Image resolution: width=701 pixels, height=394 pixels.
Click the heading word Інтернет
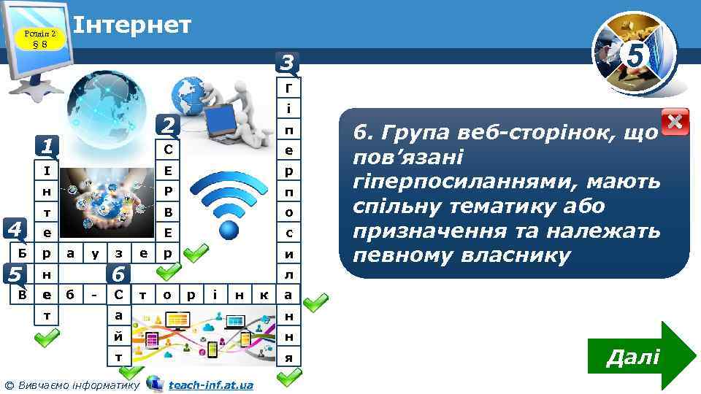(133, 25)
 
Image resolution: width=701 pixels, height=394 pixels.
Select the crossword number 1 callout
(47, 147)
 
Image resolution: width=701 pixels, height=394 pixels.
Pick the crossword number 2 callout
(169, 125)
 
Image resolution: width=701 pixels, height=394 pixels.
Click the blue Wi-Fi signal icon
(230, 211)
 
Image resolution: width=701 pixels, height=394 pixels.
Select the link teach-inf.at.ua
(210, 385)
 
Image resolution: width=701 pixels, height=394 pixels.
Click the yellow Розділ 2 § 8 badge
(39, 39)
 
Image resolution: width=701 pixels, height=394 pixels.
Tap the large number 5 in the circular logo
(636, 55)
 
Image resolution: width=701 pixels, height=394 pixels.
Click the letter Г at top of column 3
(290, 88)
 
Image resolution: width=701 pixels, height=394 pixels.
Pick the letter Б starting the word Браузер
(23, 254)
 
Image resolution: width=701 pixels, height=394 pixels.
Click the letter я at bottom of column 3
(290, 358)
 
